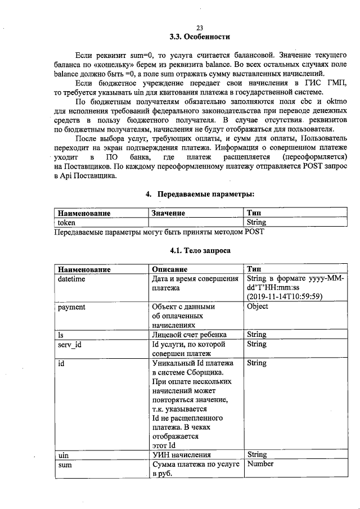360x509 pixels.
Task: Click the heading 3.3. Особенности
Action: (x=200, y=38)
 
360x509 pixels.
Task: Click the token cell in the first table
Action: (x=67, y=222)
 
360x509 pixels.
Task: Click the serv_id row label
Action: (x=70, y=344)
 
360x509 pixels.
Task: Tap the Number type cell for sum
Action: (x=260, y=464)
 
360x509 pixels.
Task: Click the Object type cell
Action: (x=258, y=307)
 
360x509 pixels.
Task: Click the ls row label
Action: (x=61, y=335)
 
